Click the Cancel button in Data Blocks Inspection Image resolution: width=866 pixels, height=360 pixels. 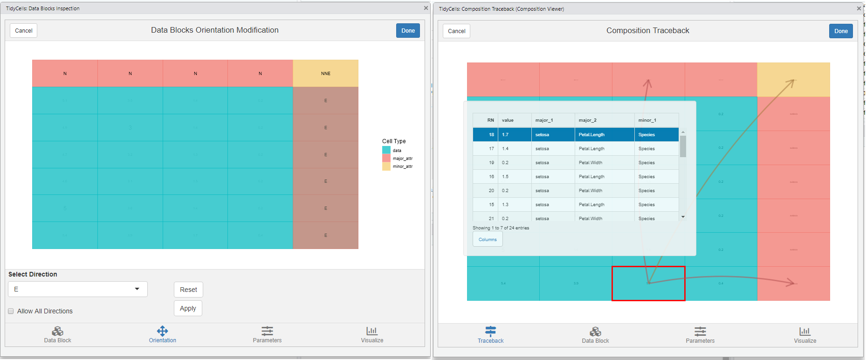23,31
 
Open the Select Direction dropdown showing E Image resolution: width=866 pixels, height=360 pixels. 77,289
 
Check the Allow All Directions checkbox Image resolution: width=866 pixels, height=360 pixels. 11,311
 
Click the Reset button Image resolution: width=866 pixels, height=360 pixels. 188,290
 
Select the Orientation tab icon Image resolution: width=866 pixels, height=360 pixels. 162,331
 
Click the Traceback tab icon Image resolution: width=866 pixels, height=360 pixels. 490,332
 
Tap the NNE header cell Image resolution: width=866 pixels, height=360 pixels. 325,73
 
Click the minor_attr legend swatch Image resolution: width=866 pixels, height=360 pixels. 386,166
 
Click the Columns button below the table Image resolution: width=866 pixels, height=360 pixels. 488,239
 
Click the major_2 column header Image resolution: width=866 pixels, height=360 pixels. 604,120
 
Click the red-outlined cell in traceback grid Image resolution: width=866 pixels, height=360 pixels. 648,284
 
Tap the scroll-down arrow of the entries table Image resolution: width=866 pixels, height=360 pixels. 683,217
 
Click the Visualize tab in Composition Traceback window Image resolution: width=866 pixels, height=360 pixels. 804,334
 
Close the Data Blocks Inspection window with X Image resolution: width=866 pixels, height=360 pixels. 426,8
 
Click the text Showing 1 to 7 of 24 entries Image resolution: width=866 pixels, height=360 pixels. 501,228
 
